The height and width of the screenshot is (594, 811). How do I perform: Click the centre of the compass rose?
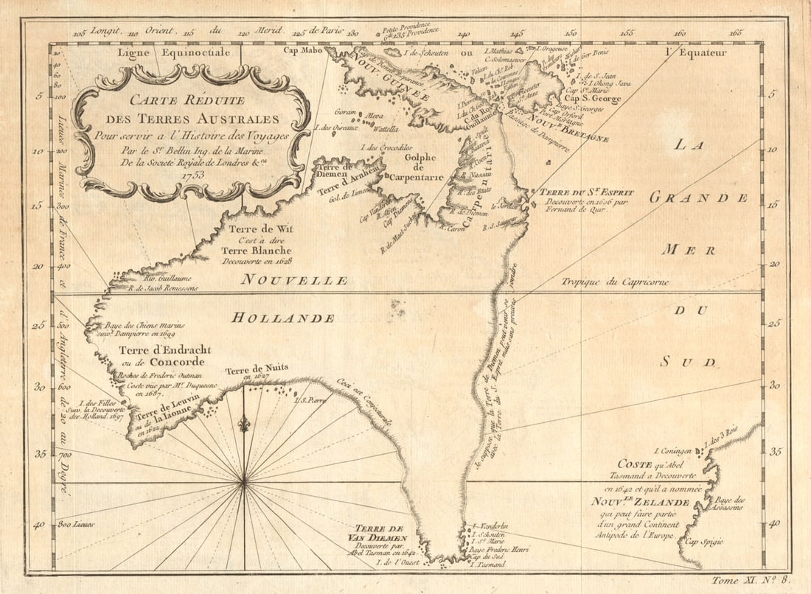click(x=243, y=483)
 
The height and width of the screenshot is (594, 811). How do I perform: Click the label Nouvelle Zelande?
click(x=639, y=502)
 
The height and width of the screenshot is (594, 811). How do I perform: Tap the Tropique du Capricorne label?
click(x=614, y=282)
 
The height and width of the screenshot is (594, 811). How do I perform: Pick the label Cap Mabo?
click(x=303, y=51)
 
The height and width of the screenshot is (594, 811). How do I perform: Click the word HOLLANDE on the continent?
click(x=282, y=318)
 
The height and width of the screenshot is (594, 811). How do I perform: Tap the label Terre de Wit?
click(x=260, y=228)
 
